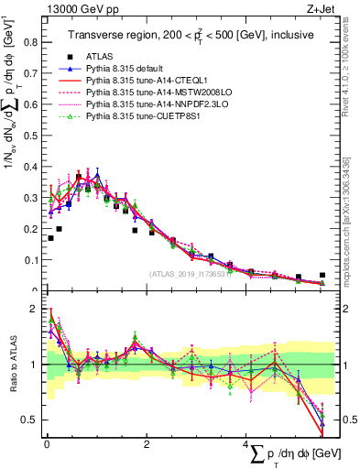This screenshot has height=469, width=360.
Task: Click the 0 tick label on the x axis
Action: (x=47, y=443)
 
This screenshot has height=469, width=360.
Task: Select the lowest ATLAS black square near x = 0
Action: (x=50, y=238)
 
